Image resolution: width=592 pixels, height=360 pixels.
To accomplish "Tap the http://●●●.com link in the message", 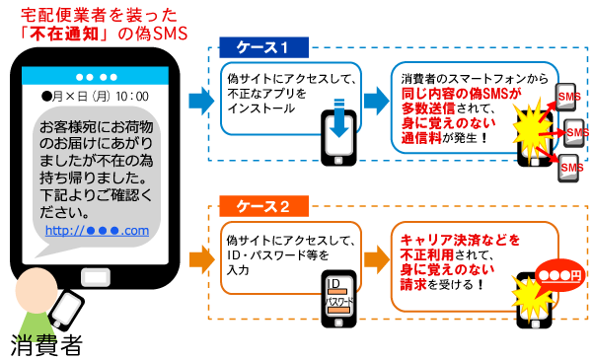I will click(97, 231).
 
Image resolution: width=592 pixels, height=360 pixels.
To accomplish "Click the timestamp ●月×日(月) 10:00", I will click(95, 97).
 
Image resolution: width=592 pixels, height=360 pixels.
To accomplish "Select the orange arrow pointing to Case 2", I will click(200, 258).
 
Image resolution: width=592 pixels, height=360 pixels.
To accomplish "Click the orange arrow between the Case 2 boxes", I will click(376, 258).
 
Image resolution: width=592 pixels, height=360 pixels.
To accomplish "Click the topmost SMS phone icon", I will click(569, 96).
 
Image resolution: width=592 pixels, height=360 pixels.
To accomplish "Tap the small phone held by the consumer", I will click(67, 311).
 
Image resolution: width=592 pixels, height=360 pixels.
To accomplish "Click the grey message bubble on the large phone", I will click(96, 178).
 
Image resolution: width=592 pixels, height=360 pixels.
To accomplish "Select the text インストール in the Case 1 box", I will click(261, 108).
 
